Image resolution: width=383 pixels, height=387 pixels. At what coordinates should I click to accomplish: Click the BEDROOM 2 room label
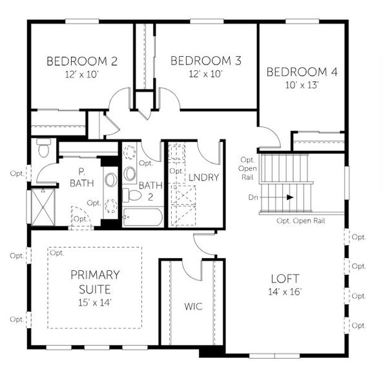click(x=81, y=62)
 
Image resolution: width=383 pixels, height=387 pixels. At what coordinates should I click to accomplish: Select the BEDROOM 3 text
click(x=205, y=61)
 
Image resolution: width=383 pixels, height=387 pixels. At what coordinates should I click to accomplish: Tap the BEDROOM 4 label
click(x=302, y=72)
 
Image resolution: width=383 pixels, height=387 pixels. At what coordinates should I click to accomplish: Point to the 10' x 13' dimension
click(x=302, y=84)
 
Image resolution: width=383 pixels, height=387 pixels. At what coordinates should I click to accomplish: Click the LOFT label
click(x=284, y=279)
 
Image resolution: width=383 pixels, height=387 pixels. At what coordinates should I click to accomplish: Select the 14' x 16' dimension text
click(x=284, y=292)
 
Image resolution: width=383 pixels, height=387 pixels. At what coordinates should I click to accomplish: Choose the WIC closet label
click(x=193, y=306)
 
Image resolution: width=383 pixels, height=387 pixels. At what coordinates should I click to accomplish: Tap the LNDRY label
click(x=204, y=177)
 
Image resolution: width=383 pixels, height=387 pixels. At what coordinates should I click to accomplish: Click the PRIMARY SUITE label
click(x=95, y=281)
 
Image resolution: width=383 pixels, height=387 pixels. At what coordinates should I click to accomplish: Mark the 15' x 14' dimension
click(x=95, y=301)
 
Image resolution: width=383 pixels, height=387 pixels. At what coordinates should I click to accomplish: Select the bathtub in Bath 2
click(x=142, y=216)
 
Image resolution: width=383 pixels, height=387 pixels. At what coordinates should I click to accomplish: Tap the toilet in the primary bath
click(x=44, y=148)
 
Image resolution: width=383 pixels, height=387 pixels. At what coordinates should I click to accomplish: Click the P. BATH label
click(x=82, y=178)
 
